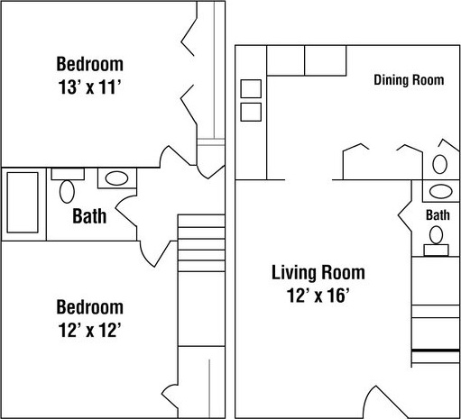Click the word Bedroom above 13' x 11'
click(89, 64)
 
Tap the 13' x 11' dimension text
click(89, 87)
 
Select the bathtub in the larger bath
click(23, 203)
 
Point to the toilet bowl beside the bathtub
click(67, 192)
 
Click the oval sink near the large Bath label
click(116, 178)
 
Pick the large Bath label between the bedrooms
click(89, 216)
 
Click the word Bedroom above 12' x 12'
click(89, 307)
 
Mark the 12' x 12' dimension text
click(89, 330)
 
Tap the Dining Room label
click(409, 80)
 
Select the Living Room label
click(318, 272)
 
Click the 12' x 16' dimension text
click(318, 295)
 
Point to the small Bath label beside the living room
click(438, 215)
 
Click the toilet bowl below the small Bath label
click(436, 235)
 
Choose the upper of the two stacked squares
click(251, 88)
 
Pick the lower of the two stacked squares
click(251, 112)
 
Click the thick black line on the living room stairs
click(436, 351)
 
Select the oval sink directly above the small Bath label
click(441, 192)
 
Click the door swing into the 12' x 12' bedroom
click(156, 253)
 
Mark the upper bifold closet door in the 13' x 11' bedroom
click(189, 37)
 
